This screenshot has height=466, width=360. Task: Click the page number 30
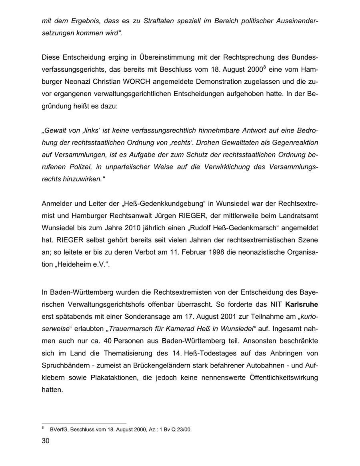tap(45, 441)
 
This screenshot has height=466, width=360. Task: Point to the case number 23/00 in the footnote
tap(183, 430)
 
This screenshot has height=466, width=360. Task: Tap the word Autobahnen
tap(264, 366)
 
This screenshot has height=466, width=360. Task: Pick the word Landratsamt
tap(298, 216)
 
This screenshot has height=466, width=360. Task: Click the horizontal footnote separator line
tap(84, 423)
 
